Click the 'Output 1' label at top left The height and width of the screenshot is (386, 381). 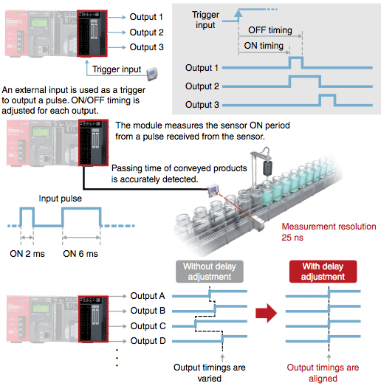point(146,17)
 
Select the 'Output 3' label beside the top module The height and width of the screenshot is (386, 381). point(146,46)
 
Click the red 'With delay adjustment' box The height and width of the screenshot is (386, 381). point(319,271)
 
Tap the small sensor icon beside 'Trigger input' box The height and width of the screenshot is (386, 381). point(152,74)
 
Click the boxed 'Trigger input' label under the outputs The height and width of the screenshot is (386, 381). point(117,70)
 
